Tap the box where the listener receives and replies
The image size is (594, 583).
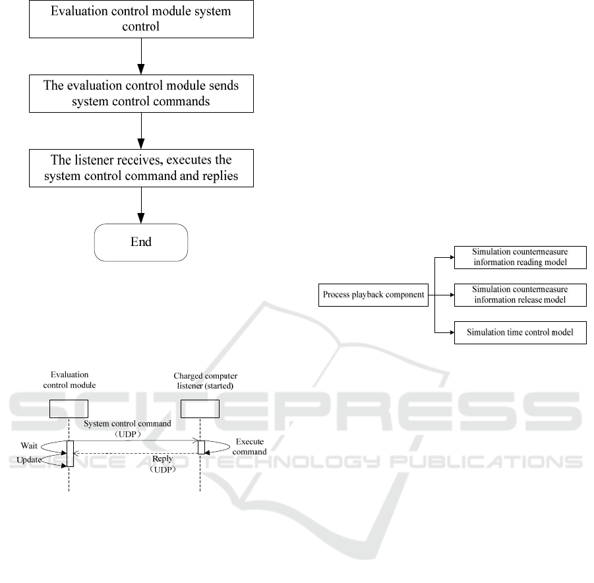(141, 169)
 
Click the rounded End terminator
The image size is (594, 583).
(141, 242)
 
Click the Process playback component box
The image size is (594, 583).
(373, 295)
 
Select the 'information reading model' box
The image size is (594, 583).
(520, 258)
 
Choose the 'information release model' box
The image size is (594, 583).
(520, 295)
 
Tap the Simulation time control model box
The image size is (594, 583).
(520, 332)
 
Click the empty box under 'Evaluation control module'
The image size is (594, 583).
(69, 408)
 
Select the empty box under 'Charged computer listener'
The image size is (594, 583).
(200, 408)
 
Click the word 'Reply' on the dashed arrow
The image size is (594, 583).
(162, 458)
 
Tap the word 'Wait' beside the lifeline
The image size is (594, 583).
(28, 445)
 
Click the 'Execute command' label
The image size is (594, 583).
(249, 447)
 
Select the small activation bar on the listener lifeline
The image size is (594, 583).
(201, 447)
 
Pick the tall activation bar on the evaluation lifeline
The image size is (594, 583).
(69, 453)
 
